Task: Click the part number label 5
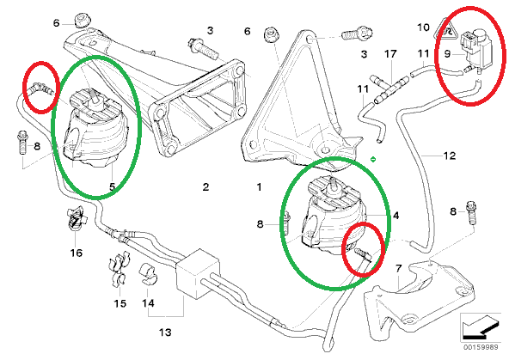pos(112,186)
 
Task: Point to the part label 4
pos(396,217)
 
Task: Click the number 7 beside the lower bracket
pos(397,270)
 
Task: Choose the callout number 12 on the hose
pos(449,157)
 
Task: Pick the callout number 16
pos(77,253)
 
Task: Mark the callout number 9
pos(448,53)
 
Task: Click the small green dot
pos(371,159)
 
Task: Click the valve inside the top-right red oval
pos(473,40)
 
